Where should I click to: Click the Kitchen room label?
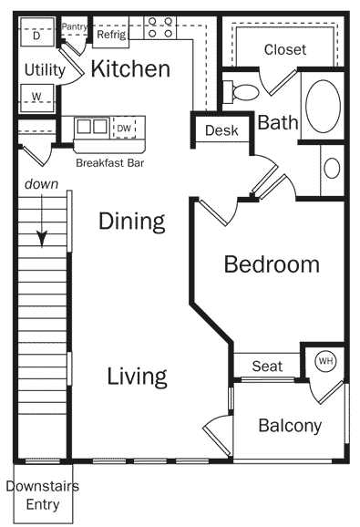[130, 68]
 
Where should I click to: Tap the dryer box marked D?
[36, 36]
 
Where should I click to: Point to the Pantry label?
[74, 27]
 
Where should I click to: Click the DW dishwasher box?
[124, 129]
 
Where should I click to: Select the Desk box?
[221, 130]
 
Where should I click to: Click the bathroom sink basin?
[332, 169]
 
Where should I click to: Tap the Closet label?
[284, 49]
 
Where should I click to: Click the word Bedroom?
[272, 264]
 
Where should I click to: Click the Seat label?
[266, 366]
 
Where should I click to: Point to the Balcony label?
[290, 425]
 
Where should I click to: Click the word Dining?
[131, 221]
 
